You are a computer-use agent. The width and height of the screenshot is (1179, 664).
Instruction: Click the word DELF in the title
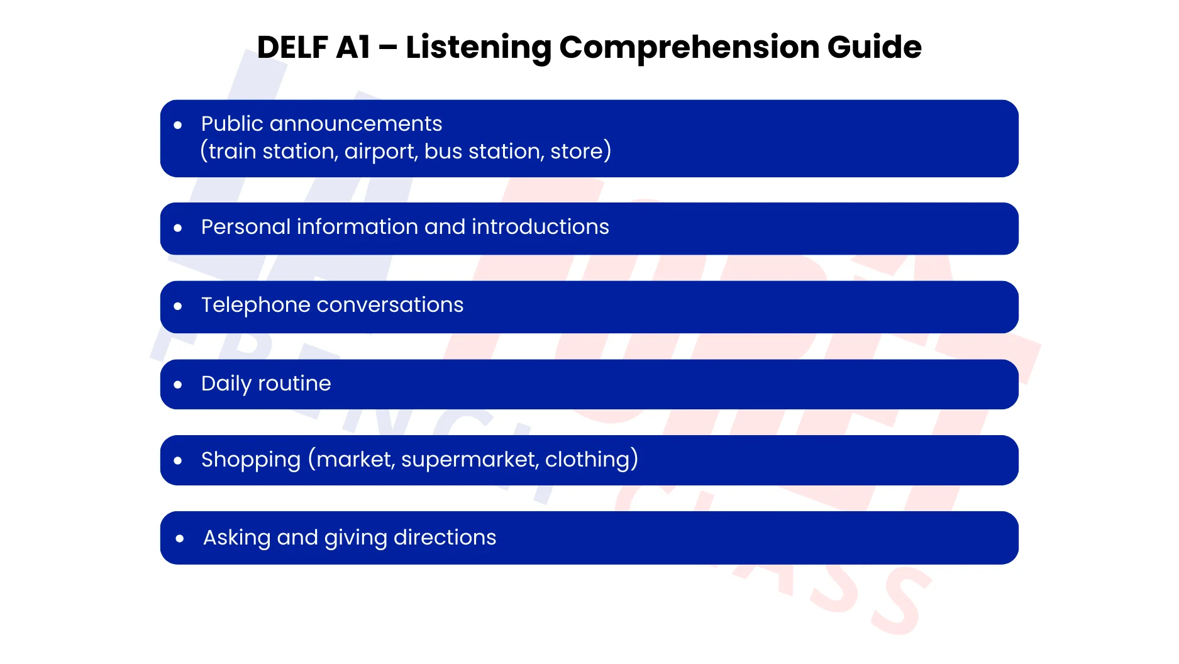click(292, 47)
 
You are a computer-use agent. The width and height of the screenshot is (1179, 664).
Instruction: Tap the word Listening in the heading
click(478, 48)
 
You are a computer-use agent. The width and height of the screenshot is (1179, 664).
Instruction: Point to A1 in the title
click(353, 47)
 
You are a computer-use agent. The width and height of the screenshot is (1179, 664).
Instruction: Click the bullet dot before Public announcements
click(178, 125)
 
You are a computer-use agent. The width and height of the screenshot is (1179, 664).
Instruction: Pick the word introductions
click(540, 227)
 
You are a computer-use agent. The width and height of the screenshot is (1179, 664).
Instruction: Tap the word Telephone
click(255, 306)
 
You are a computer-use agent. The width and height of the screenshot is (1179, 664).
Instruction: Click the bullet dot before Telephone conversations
click(178, 306)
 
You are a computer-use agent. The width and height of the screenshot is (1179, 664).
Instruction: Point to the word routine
click(294, 384)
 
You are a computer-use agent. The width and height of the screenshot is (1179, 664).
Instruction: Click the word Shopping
click(251, 460)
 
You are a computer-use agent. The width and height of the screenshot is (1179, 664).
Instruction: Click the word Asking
click(236, 538)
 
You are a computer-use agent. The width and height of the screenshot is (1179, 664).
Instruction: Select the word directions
click(445, 538)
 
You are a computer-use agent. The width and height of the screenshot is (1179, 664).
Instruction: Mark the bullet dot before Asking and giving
click(180, 538)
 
